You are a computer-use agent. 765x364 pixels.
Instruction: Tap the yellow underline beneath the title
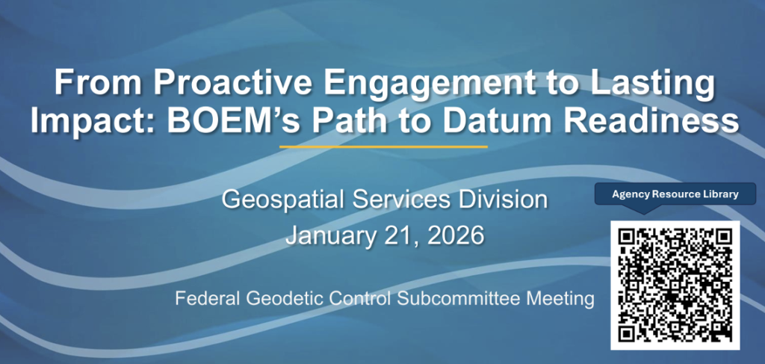coord(382,146)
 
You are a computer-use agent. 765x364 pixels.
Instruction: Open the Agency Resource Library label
coord(675,194)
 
